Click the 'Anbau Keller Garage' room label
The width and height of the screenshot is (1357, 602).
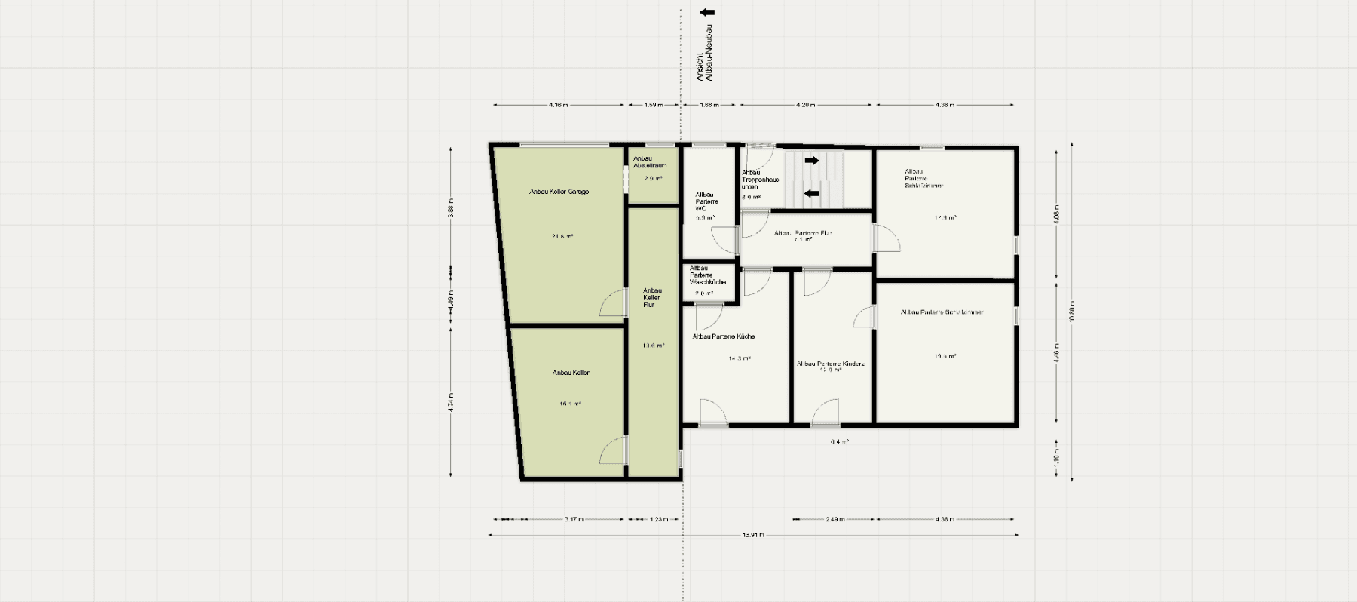559,192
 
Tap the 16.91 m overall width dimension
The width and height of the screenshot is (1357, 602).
753,535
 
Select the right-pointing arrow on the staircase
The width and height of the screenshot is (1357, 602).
811,161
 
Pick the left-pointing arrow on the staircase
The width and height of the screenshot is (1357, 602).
811,193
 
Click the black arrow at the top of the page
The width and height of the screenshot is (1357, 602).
707,12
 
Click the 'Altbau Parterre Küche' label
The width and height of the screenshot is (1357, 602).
723,336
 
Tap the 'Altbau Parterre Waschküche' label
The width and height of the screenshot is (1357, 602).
707,275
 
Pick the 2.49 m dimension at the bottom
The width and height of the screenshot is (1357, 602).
835,519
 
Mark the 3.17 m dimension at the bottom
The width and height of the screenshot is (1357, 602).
574,519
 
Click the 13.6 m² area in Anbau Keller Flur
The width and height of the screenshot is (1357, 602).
653,346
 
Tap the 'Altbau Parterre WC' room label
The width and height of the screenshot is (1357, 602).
706,201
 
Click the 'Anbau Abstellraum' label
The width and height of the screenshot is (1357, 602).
649,161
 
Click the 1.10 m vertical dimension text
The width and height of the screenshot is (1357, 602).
1056,459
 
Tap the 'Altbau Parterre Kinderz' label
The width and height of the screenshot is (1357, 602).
830,364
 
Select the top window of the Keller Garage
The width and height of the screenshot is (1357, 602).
563,144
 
